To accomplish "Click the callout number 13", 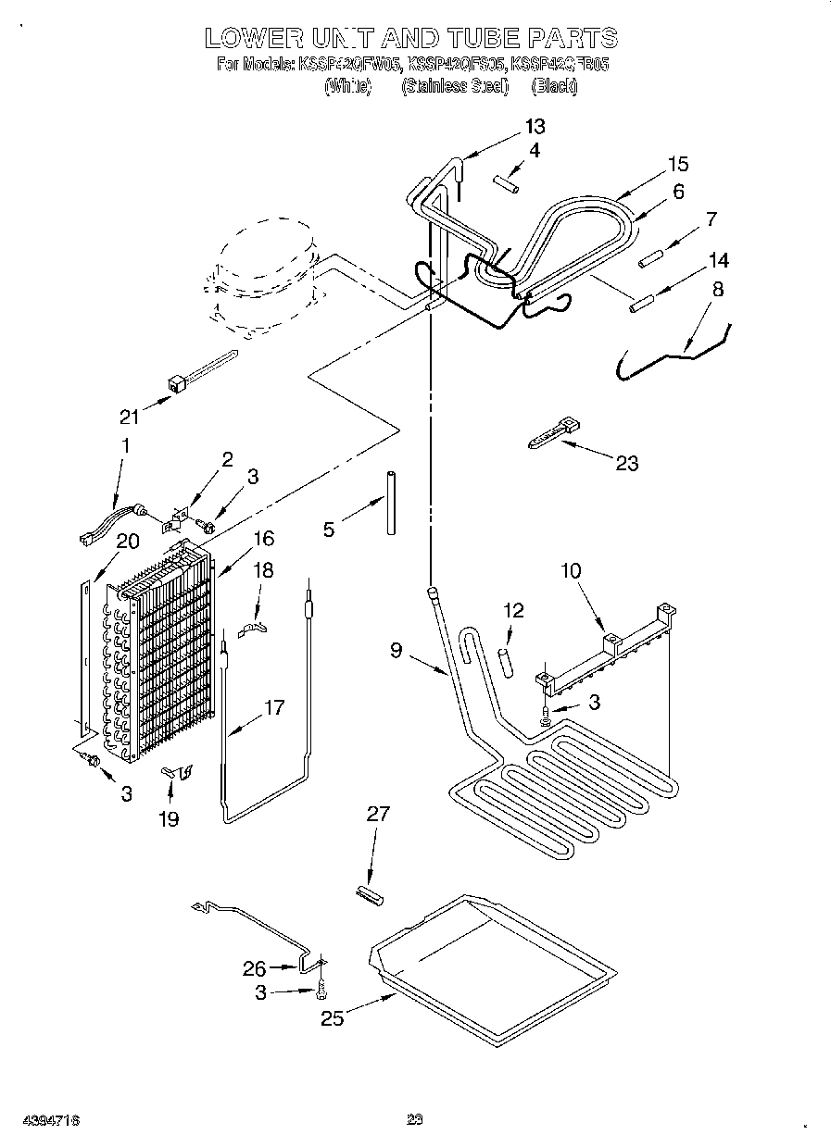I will tap(535, 127).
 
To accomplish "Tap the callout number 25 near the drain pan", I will tap(332, 1018).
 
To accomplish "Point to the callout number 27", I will tap(378, 814).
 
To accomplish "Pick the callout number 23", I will tap(627, 463).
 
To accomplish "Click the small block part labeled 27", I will tap(370, 893).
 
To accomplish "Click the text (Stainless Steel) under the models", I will tap(454, 87).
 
